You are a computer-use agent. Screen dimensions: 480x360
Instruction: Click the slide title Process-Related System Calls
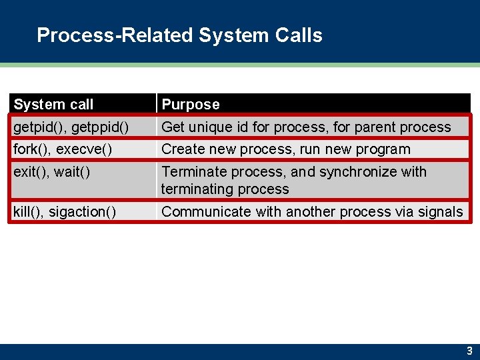pyautogui.click(x=179, y=35)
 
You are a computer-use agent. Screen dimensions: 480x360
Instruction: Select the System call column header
pyautogui.click(x=53, y=104)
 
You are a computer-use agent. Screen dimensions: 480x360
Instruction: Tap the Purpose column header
pyautogui.click(x=191, y=104)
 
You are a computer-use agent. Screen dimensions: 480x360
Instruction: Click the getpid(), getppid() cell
pyautogui.click(x=71, y=127)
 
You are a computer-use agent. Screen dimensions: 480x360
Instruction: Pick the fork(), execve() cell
pyautogui.click(x=63, y=149)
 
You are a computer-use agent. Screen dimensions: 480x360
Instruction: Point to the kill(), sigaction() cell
pyautogui.click(x=65, y=212)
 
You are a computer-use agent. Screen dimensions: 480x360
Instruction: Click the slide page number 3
pyautogui.click(x=469, y=351)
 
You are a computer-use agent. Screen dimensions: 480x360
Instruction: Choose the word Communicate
pyautogui.click(x=205, y=212)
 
